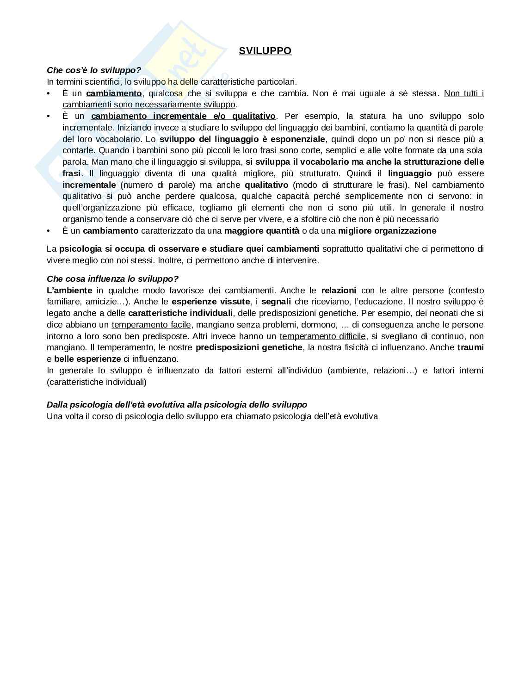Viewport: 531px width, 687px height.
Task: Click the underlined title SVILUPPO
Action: coord(265,51)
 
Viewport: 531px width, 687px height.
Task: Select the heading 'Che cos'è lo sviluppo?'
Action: coord(94,70)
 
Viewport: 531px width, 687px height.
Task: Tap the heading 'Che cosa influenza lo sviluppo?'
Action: coord(112,279)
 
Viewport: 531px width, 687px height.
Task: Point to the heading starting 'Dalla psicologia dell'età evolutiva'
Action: coord(177,405)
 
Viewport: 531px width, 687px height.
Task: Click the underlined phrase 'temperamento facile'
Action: coord(151,325)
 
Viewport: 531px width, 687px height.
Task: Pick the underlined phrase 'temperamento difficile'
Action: coord(322,336)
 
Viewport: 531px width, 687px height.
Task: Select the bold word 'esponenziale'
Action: coord(298,139)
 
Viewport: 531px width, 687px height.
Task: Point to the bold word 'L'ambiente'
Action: coord(69,291)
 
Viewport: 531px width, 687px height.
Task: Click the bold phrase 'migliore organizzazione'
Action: coord(387,231)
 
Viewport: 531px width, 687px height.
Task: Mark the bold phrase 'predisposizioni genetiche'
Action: coord(249,347)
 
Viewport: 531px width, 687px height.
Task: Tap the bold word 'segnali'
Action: coord(276,302)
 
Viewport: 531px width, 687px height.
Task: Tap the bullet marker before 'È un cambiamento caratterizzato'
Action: coord(49,231)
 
